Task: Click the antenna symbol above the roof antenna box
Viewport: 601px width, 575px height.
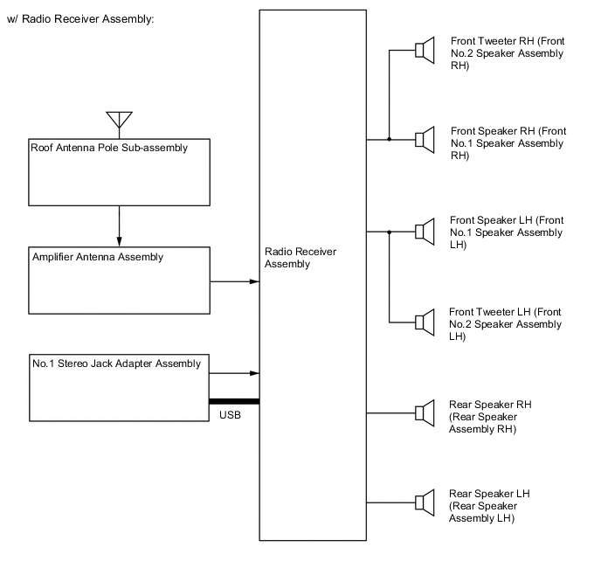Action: [x=119, y=121]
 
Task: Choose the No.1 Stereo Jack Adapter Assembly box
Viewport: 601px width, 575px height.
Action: [x=119, y=386]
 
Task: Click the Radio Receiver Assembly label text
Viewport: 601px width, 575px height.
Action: [x=287, y=258]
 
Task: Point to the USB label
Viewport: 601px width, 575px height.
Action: [x=231, y=415]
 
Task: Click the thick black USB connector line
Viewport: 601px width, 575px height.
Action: [x=234, y=401]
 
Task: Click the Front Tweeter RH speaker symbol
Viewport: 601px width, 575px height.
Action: [x=425, y=51]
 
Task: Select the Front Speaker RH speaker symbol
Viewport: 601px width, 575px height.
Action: [x=425, y=139]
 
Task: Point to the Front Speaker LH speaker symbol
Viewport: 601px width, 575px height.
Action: [x=425, y=232]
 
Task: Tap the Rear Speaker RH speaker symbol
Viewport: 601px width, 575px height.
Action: [x=425, y=412]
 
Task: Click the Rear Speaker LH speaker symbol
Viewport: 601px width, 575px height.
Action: [x=425, y=502]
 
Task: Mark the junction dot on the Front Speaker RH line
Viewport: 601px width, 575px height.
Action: [x=389, y=139]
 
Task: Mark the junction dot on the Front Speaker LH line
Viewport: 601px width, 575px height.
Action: [x=389, y=232]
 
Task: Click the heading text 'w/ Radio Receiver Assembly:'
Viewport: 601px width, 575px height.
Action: [x=79, y=19]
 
